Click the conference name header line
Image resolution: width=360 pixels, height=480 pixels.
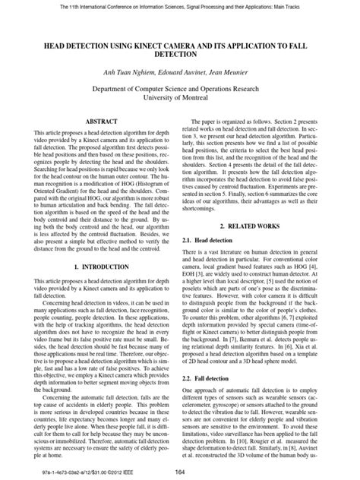click(x=180, y=6)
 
